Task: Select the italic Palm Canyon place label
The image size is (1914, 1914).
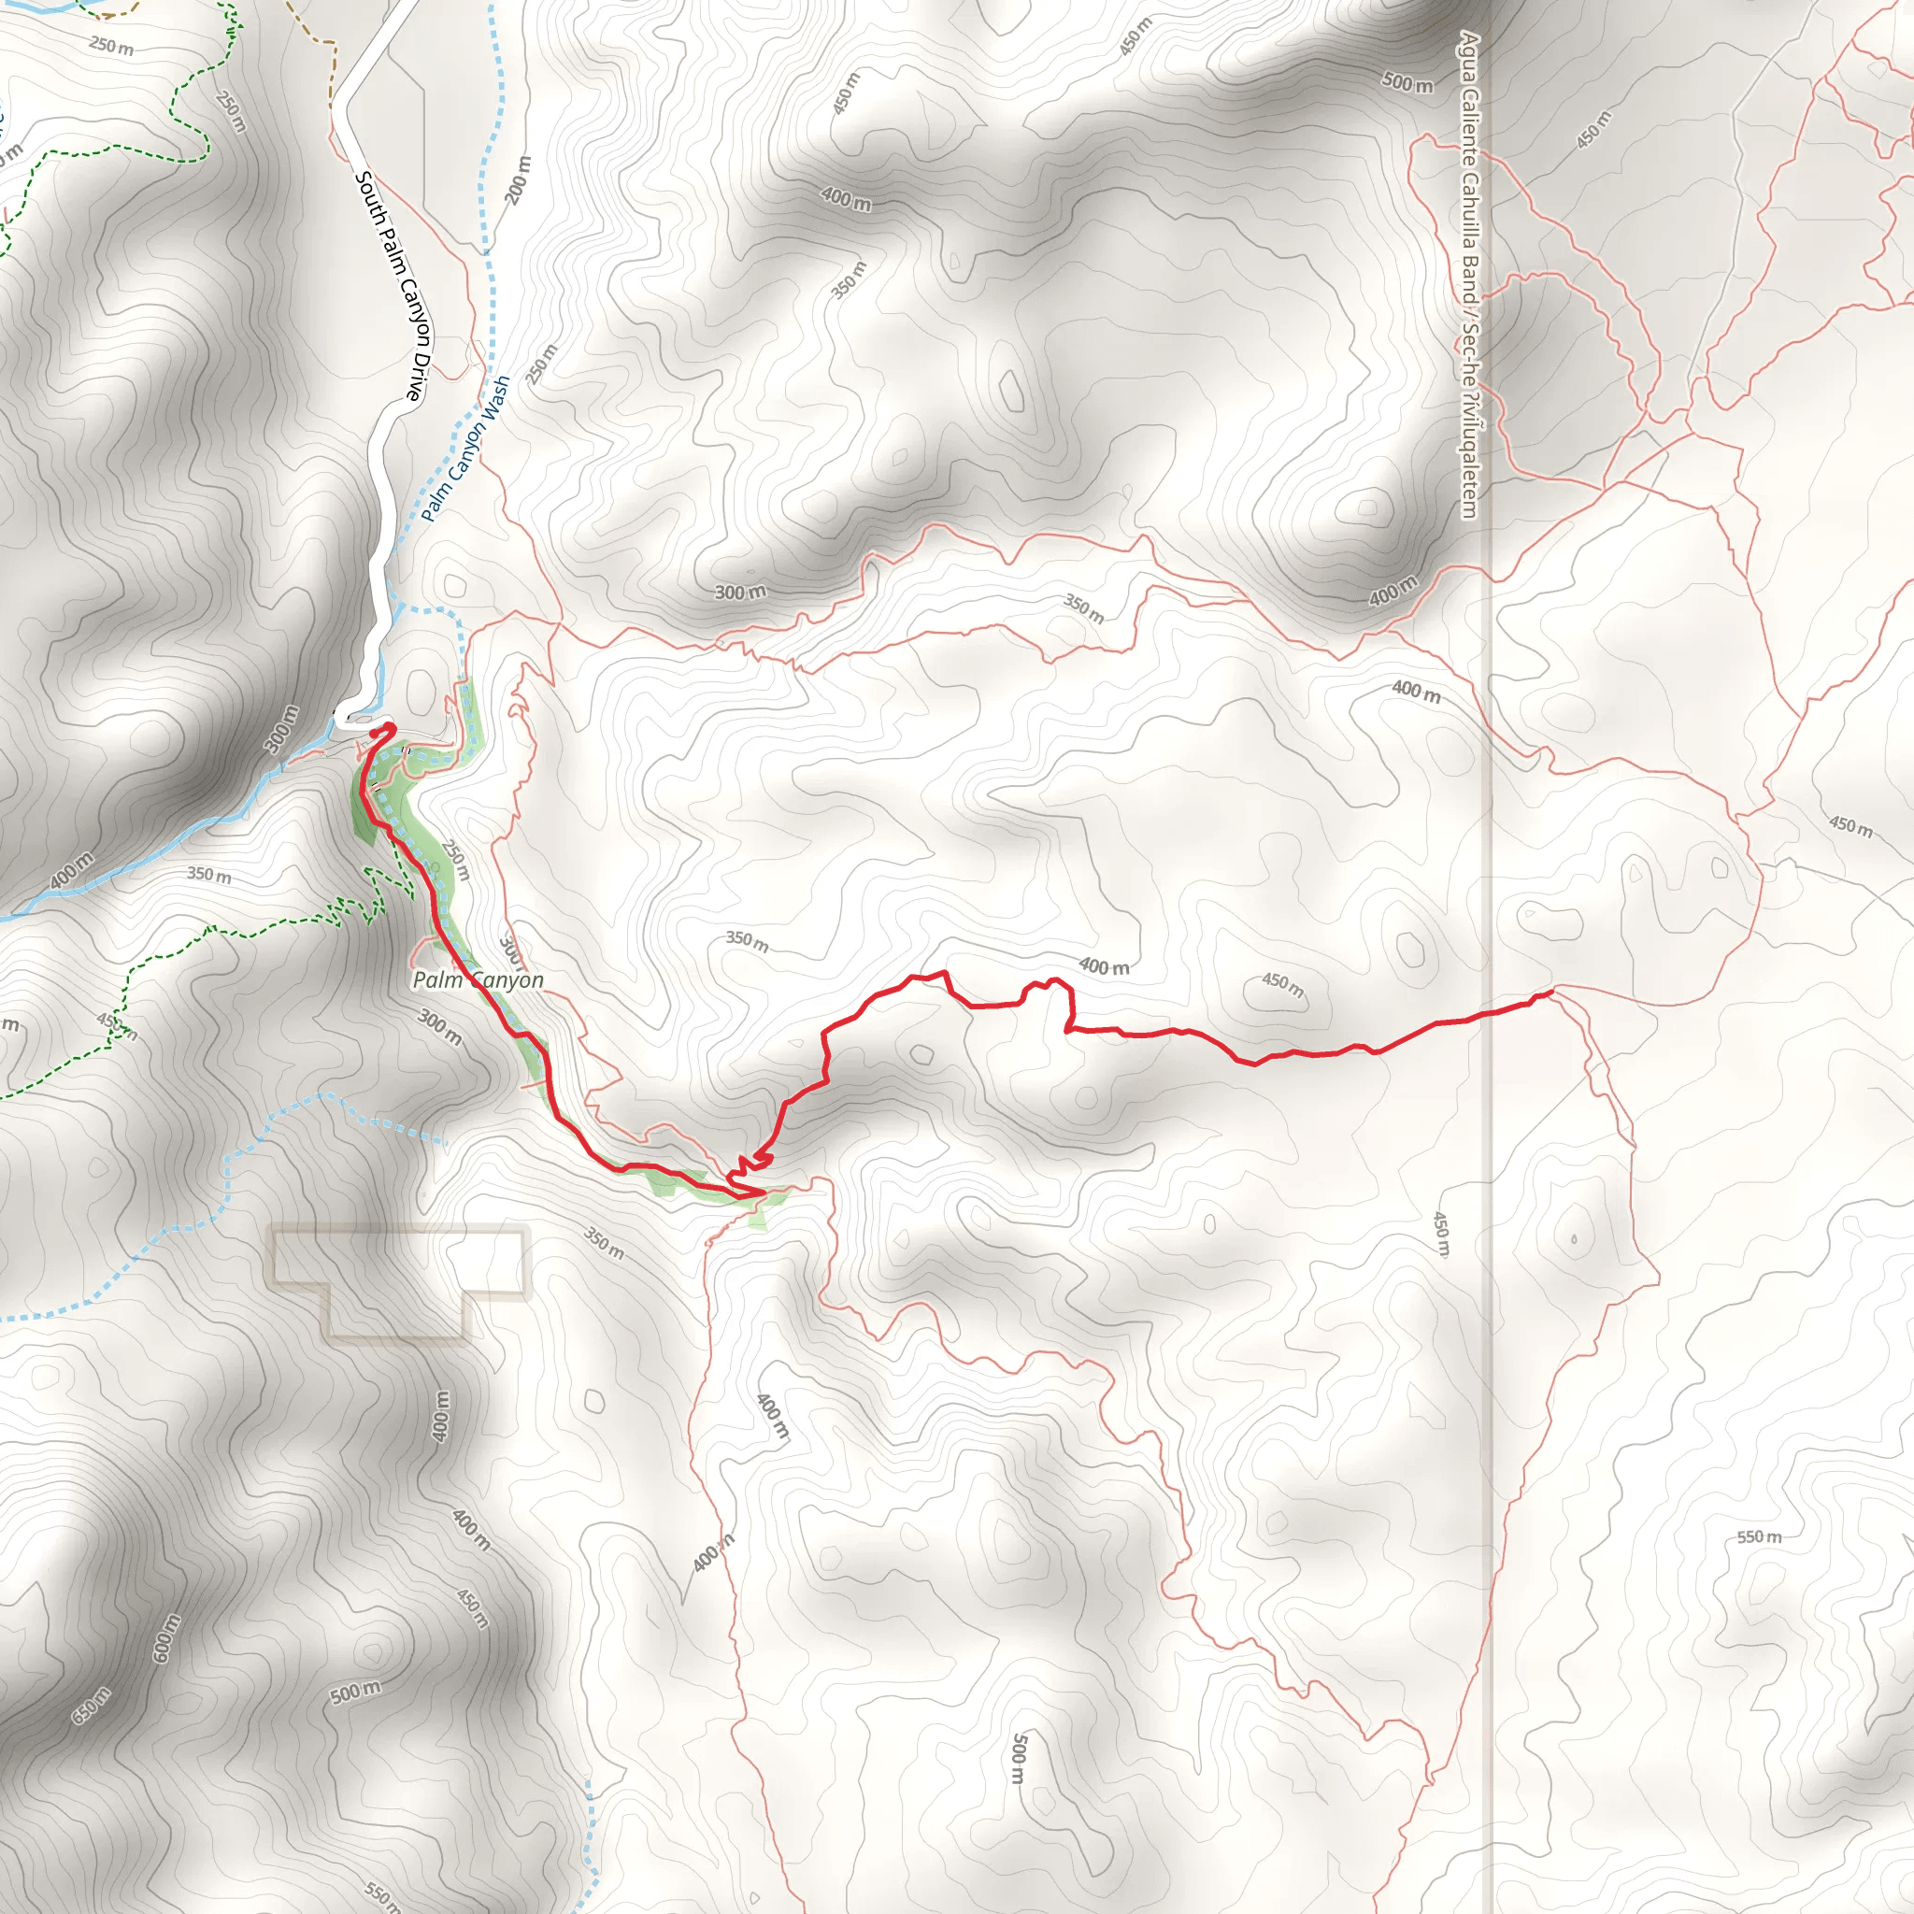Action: [x=478, y=979]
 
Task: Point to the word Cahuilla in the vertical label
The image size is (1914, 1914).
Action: [x=1469, y=220]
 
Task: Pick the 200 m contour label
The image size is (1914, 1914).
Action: [x=518, y=180]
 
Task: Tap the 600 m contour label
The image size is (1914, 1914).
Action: [x=166, y=1638]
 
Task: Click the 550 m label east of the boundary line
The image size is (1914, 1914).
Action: [x=1759, y=1536]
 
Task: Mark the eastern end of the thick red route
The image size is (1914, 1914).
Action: [x=1550, y=992]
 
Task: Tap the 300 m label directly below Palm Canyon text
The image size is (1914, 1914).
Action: [x=439, y=1026]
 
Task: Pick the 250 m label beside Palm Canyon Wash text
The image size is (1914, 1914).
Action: [x=542, y=364]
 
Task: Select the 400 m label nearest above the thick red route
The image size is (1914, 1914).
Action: [x=1104, y=966]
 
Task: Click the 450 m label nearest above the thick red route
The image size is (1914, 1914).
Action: [x=1283, y=984]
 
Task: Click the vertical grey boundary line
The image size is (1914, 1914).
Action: [x=1491, y=1090]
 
